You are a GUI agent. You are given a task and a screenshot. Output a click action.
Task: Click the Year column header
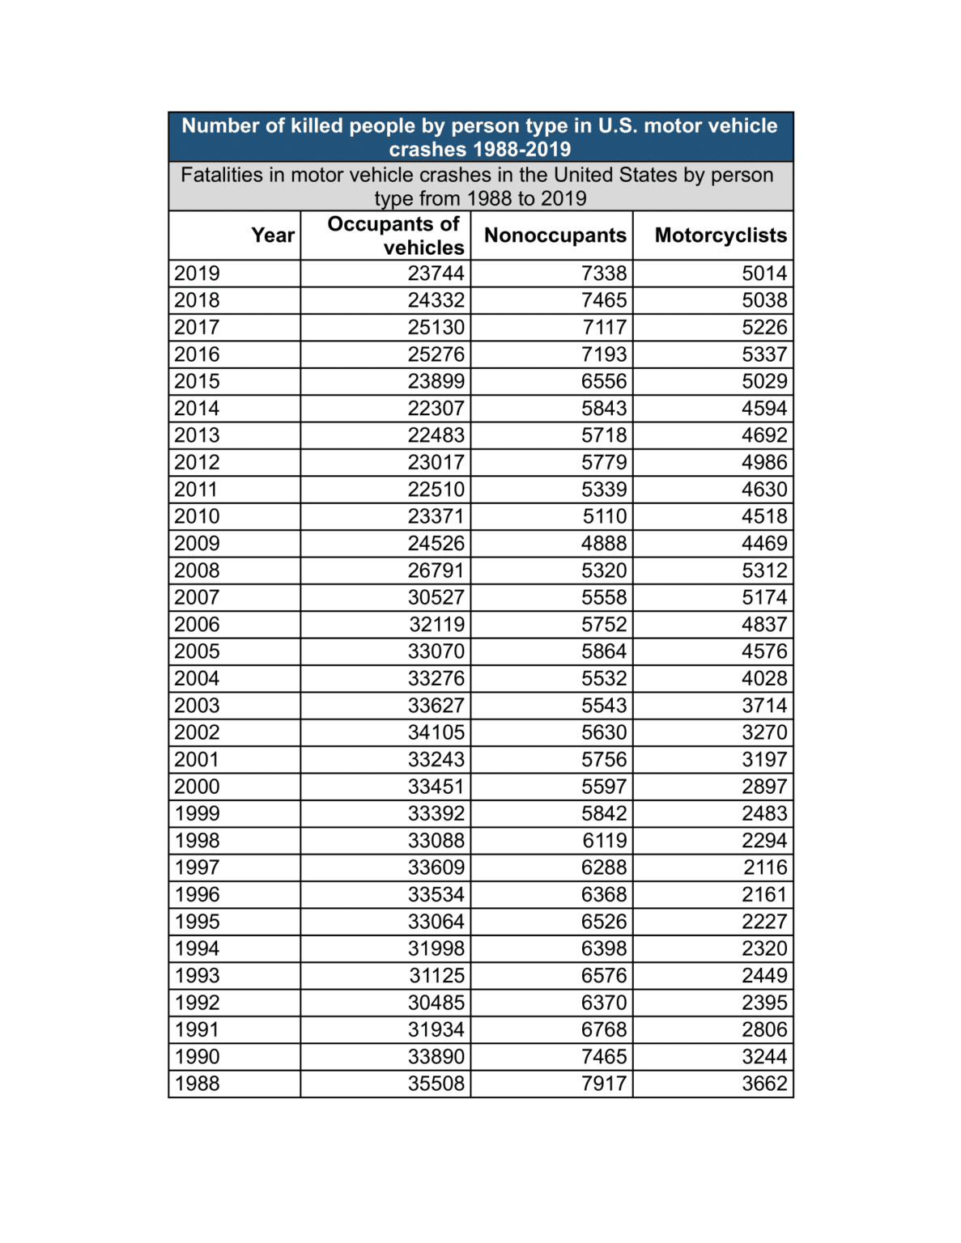(x=272, y=235)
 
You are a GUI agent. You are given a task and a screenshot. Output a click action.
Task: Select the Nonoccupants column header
(x=555, y=235)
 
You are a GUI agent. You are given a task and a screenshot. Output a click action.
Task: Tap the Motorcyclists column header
(x=720, y=235)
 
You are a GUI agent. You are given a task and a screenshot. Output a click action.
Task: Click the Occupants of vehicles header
(x=394, y=235)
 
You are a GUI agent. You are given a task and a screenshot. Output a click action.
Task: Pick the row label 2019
(x=197, y=274)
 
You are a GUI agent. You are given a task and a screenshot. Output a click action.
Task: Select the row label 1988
(x=197, y=1084)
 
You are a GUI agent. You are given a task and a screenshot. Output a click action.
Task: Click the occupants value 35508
(x=436, y=1084)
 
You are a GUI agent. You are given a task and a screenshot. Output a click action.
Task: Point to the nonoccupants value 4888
(x=603, y=544)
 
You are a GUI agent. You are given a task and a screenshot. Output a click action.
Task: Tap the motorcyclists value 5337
(x=763, y=354)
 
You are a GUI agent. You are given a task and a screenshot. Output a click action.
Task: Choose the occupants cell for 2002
(x=436, y=732)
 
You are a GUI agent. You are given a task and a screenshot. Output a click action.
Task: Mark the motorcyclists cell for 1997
(x=765, y=868)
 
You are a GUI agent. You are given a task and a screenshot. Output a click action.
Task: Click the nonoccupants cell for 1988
(x=603, y=1084)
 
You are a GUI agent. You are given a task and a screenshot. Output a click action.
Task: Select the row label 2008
(x=197, y=571)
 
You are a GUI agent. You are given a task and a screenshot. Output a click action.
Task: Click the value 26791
(x=436, y=571)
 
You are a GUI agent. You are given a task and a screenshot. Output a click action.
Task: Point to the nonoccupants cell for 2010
(x=605, y=516)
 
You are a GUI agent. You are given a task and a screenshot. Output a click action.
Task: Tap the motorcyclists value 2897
(x=763, y=787)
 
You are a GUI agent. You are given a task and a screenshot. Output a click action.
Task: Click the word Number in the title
(x=220, y=126)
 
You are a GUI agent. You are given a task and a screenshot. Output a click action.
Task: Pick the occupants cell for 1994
(x=436, y=948)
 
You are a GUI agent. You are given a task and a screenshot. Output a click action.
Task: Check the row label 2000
(x=197, y=787)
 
